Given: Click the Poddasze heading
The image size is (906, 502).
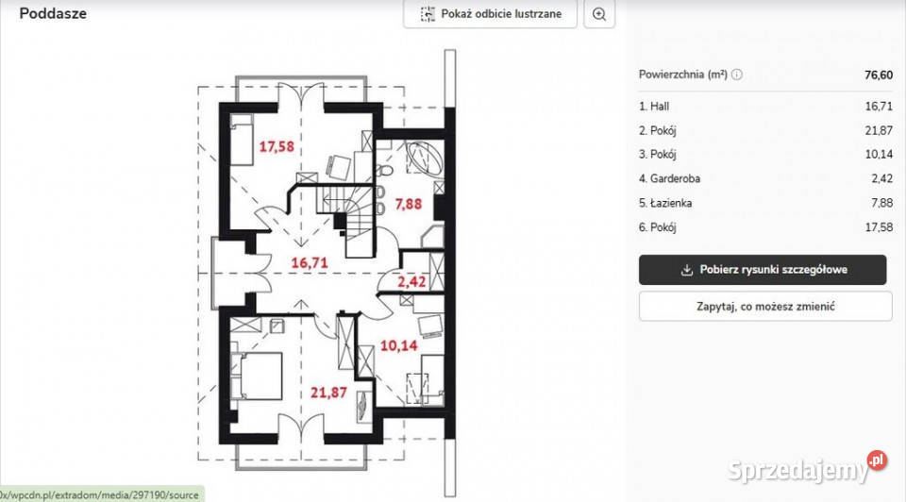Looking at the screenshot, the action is click(x=53, y=13).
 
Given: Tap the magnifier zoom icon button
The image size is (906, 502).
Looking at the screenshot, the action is click(x=599, y=14).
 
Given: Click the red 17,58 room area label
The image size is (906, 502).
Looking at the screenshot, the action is click(x=277, y=146).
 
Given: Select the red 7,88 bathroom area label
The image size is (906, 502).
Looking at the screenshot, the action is click(x=408, y=204).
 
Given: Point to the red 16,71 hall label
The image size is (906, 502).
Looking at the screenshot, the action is click(x=310, y=263).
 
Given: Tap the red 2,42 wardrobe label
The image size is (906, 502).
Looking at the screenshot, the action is click(x=411, y=282).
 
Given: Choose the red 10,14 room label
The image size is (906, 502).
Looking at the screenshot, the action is click(x=398, y=346).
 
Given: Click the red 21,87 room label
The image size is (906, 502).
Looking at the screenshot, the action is click(x=328, y=393).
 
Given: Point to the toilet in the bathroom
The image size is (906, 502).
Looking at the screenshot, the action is click(x=384, y=170).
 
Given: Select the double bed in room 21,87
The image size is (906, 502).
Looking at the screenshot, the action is click(x=257, y=376).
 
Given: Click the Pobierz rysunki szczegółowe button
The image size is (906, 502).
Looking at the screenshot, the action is click(x=763, y=270).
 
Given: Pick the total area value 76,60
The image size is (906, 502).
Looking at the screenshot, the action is click(x=879, y=75).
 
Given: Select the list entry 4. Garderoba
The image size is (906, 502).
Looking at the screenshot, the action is click(x=669, y=178).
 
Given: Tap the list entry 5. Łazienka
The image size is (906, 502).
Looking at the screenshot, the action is click(x=665, y=203).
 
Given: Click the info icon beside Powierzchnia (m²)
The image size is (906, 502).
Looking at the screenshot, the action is click(x=737, y=75).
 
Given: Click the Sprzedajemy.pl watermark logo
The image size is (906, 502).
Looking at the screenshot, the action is click(x=807, y=468).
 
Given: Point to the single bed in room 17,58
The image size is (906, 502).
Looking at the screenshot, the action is click(x=243, y=140).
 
